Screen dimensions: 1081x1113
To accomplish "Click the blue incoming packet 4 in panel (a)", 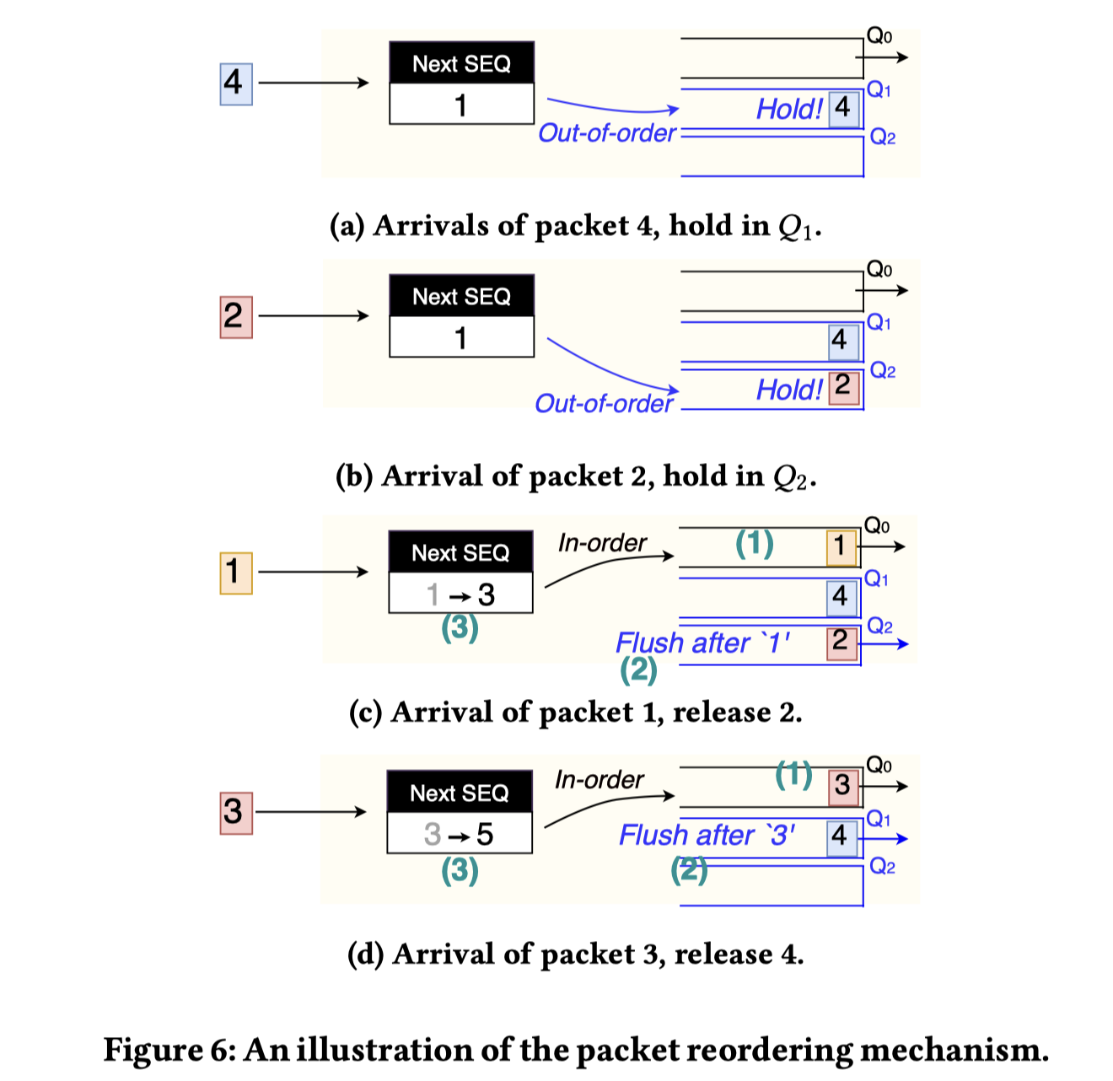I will pos(236,83).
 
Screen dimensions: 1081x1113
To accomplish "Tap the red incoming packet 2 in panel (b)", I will pos(236,316).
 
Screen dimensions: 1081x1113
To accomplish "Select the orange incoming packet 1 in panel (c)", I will pos(236,573).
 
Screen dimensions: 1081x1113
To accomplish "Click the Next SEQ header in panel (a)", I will pos(461,64).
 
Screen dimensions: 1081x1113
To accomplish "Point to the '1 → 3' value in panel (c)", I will pos(460,594).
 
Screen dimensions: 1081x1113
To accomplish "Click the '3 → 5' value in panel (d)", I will pos(459,834).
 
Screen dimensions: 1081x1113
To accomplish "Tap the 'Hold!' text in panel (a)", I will pos(788,110).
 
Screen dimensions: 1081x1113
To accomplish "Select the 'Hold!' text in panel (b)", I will pos(788,390).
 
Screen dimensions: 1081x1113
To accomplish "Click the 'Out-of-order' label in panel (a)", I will pos(607,133).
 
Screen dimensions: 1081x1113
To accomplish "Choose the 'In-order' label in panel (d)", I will pos(599,780).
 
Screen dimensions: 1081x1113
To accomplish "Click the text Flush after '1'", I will pos(703,643).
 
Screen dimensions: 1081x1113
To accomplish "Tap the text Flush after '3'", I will pos(707,836).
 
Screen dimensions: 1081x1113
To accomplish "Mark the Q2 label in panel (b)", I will pos(882,370).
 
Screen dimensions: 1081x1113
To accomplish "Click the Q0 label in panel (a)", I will pos(879,36).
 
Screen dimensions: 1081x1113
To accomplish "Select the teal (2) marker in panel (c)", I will pos(638,670).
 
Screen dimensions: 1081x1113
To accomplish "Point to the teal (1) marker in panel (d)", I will pos(793,774).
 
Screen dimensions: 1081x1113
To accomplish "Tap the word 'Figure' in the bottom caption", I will pos(153,1051).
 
